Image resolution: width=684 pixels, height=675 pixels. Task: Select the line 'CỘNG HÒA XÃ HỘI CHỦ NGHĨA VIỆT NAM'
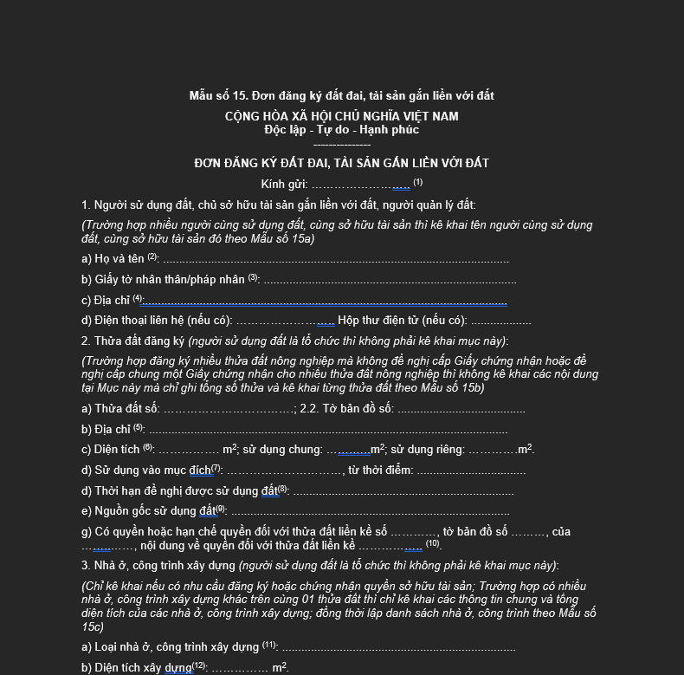pyautogui.click(x=341, y=116)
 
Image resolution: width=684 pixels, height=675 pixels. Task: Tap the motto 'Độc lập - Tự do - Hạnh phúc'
pyautogui.click(x=341, y=130)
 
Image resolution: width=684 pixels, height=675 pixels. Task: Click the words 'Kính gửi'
pyautogui.click(x=284, y=185)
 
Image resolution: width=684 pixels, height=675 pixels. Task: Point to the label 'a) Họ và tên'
pyautogui.click(x=113, y=258)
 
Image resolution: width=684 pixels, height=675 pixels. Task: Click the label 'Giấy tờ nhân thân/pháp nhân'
pyautogui.click(x=164, y=280)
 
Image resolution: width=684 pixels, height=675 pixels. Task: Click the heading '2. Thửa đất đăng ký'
pyautogui.click(x=133, y=341)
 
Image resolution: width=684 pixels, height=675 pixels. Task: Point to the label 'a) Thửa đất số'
pyautogui.click(x=120, y=408)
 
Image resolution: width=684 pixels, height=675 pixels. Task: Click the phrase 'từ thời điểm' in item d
pyautogui.click(x=380, y=470)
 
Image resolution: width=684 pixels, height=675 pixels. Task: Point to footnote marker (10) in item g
pyautogui.click(x=433, y=544)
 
